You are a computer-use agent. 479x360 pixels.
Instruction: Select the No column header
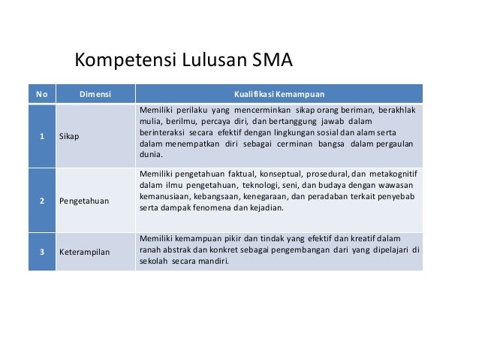[x=42, y=94]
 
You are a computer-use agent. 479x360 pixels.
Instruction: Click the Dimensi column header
[x=95, y=94]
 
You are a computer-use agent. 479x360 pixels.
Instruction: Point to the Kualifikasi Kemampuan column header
[x=279, y=94]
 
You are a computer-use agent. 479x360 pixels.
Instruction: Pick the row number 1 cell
[x=42, y=138]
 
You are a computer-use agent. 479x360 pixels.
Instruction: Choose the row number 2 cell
[x=42, y=201]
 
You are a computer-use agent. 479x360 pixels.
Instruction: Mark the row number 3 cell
[x=42, y=251]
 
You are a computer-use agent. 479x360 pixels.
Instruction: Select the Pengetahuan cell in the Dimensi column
[x=85, y=201]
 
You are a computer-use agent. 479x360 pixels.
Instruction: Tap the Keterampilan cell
[x=85, y=251]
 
